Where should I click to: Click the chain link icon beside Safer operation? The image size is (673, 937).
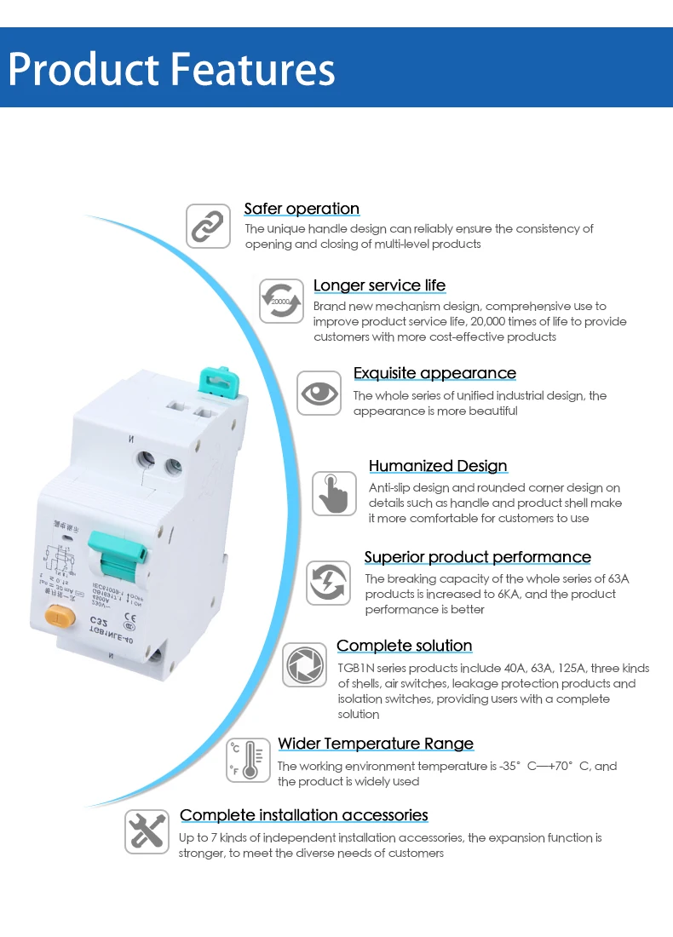pos(209,227)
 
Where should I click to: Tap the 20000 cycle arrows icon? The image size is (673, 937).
pos(281,301)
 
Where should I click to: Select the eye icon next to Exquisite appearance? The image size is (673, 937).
pos(319,393)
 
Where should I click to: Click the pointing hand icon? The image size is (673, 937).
pos(334,493)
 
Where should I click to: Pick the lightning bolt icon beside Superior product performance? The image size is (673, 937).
pos(328,583)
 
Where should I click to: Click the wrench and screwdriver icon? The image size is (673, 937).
pos(147,831)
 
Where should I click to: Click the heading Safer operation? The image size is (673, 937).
pos(302,209)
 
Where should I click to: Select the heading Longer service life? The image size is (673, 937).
pos(379,285)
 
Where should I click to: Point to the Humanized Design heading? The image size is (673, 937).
pos(438,466)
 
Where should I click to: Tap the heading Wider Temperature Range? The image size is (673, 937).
pos(376,744)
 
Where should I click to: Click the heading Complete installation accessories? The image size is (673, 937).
pos(304,815)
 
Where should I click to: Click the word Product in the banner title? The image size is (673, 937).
pos(83,70)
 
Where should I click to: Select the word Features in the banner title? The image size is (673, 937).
pos(254,70)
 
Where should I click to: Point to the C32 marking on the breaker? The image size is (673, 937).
pos(104,620)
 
